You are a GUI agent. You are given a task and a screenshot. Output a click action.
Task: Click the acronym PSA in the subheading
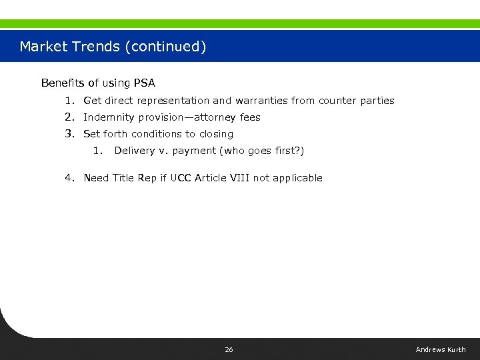tap(144, 83)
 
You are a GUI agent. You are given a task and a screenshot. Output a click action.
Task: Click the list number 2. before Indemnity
tap(70, 117)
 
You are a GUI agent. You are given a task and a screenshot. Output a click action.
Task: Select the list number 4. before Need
tap(70, 178)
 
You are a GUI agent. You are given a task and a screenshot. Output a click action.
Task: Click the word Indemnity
tap(105, 117)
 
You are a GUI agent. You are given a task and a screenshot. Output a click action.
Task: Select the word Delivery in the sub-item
tap(135, 151)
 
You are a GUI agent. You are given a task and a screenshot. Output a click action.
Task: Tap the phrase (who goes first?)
tap(262, 151)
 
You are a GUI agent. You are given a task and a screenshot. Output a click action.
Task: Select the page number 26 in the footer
tap(229, 350)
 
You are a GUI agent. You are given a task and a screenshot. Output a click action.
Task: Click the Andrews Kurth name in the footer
tap(441, 350)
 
